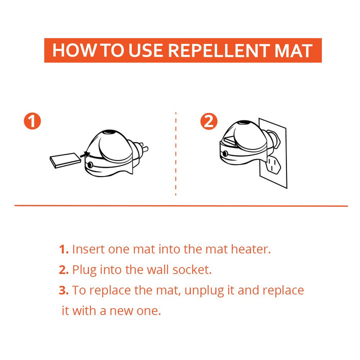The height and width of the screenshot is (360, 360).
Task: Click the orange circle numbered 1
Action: pyautogui.click(x=32, y=121)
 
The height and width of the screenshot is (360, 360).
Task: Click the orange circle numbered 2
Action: pyautogui.click(x=209, y=121)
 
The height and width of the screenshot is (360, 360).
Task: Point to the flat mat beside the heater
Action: pyautogui.click(x=64, y=160)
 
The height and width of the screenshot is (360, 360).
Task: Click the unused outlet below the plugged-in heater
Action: pyautogui.click(x=273, y=164)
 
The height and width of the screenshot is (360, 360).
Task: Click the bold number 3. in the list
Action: pyautogui.click(x=63, y=290)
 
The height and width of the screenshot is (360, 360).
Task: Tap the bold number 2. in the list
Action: pyautogui.click(x=63, y=270)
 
